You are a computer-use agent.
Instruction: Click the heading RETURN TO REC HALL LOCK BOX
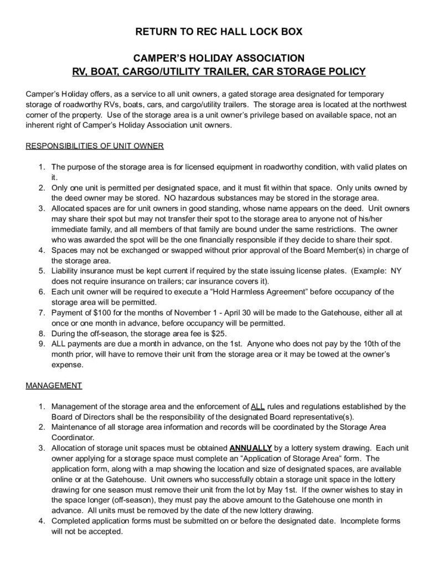pos(219,32)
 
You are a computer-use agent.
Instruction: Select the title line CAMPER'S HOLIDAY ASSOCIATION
pos(219,58)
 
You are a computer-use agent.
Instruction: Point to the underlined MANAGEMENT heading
pos(54,385)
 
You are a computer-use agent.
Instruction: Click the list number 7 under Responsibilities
pos(42,313)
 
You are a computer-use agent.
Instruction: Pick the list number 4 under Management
pos(42,521)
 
